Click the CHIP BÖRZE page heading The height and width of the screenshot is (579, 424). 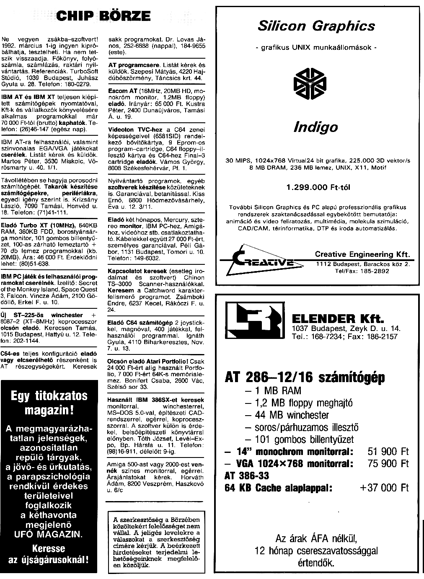pos(103,16)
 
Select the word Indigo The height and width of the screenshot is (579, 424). pos(315,127)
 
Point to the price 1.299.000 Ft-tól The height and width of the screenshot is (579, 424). pos(318,187)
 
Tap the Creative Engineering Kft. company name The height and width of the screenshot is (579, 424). pos(362,254)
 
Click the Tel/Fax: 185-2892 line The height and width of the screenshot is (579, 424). pos(362,271)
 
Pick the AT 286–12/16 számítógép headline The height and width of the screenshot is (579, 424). pos(305,377)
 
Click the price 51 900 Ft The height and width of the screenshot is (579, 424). pos(388,452)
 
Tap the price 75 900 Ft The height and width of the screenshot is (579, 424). pos(388,463)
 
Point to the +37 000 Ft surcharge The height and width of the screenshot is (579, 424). pos(384,488)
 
